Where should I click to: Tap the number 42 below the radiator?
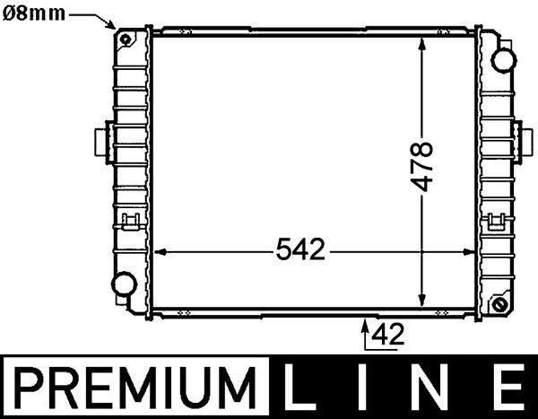pos(386,335)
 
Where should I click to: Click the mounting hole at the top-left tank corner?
pos(126,39)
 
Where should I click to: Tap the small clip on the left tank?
pos(129,218)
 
